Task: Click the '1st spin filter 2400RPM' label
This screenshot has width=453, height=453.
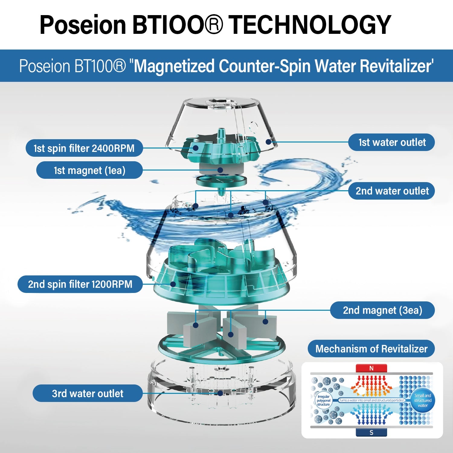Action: point(84,148)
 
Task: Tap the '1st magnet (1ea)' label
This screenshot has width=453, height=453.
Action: point(89,170)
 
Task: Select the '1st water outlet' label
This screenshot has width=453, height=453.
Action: point(392,142)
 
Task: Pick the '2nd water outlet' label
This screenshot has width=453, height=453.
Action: point(392,191)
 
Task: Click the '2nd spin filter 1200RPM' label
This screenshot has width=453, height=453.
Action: point(80,284)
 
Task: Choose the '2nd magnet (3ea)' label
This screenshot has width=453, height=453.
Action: point(382,310)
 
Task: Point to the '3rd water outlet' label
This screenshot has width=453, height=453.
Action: point(88,394)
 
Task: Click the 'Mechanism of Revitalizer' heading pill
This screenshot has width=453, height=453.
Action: point(371,349)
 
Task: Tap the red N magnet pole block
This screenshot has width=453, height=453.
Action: point(371,368)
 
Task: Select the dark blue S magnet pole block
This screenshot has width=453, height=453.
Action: point(371,432)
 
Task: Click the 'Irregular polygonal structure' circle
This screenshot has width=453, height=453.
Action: point(323,400)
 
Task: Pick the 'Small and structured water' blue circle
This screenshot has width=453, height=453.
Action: point(422,400)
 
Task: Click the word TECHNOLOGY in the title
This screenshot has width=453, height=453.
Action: point(310,25)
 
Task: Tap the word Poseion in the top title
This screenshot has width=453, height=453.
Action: point(82,25)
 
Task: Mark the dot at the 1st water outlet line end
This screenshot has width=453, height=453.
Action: point(268,142)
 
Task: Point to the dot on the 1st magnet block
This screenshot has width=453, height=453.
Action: point(220,170)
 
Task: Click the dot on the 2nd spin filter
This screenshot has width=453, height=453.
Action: point(173,284)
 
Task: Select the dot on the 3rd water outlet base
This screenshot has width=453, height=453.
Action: point(220,393)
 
